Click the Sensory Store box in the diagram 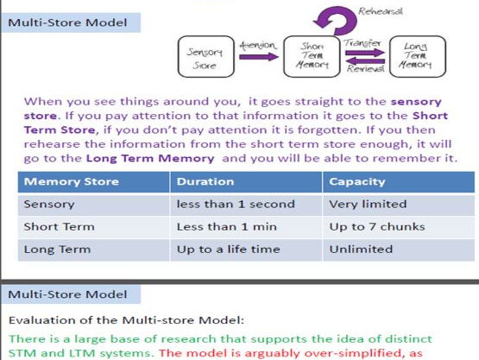click(x=206, y=56)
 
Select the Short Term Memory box click(x=312, y=56)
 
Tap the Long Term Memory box click(x=418, y=56)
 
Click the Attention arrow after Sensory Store click(x=259, y=57)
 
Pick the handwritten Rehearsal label click(x=381, y=11)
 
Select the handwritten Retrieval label click(x=365, y=69)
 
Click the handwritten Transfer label click(x=362, y=43)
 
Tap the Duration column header click(x=205, y=181)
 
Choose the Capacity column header click(x=357, y=182)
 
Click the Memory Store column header click(x=71, y=181)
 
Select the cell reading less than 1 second click(x=236, y=204)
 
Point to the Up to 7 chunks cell click(x=377, y=227)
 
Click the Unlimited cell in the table click(x=361, y=249)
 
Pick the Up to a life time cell click(x=228, y=249)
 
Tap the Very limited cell click(x=368, y=204)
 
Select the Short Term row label click(x=59, y=227)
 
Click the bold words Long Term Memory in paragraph click(x=150, y=158)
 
